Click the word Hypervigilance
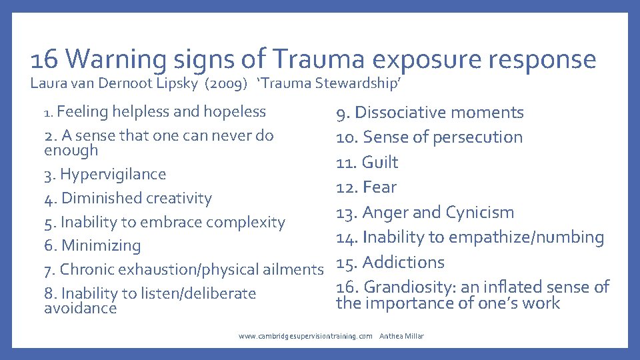point(113,175)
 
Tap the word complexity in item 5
point(246,222)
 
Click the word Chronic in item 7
point(85,269)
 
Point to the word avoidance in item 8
point(80,308)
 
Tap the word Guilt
point(380,163)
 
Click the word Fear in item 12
point(380,187)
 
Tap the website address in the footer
point(305,337)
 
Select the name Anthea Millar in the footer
point(401,337)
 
